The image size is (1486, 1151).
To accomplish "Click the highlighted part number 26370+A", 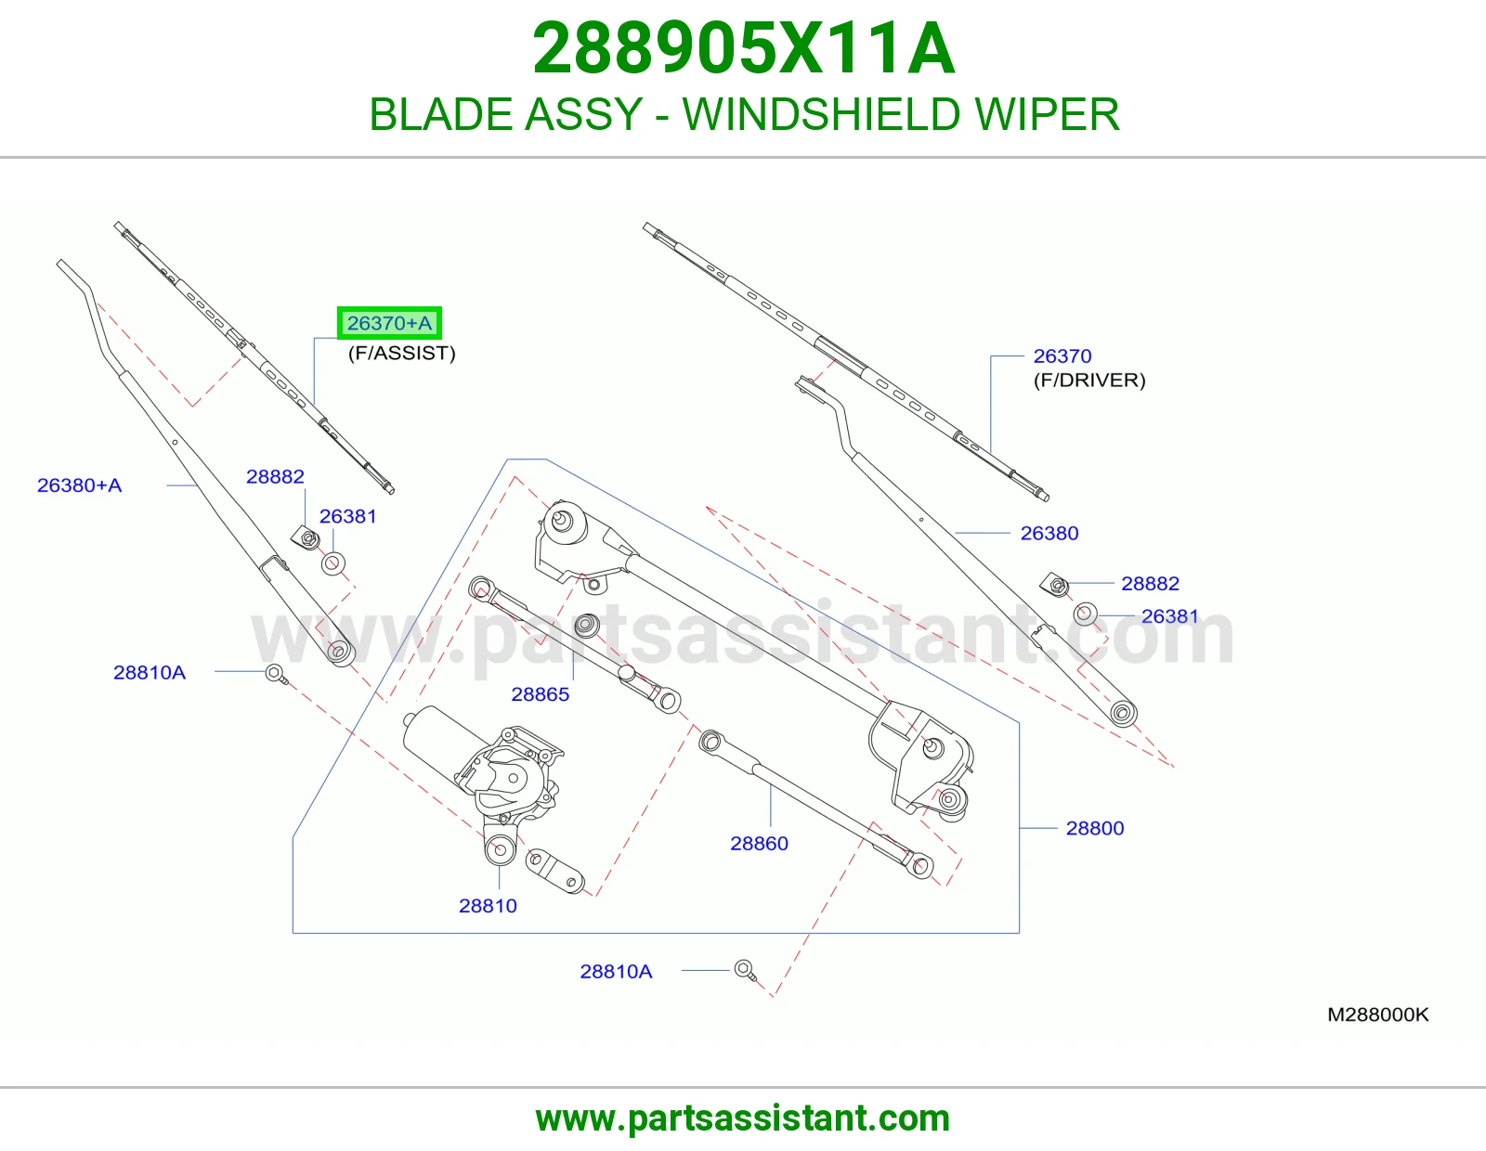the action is (389, 323).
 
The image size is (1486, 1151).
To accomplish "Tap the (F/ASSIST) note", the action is (401, 353).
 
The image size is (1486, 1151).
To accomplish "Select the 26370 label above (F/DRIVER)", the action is (1062, 356).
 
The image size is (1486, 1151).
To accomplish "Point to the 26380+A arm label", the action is (79, 485).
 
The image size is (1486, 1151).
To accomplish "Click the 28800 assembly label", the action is (1095, 828).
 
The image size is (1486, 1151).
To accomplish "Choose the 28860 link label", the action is (759, 843).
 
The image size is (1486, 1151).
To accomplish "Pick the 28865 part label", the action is (541, 693).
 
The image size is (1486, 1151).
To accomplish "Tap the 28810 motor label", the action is (488, 906).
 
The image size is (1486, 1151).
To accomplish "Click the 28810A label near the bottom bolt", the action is (616, 971).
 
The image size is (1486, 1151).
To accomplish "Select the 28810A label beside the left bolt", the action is (150, 672).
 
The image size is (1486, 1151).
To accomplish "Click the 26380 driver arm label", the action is (1049, 533).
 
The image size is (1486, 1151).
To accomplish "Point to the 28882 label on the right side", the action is (1150, 583).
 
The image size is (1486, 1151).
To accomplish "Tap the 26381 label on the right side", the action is (1170, 615).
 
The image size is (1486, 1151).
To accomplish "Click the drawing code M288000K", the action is (1378, 1015).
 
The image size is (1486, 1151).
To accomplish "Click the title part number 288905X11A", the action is (743, 48).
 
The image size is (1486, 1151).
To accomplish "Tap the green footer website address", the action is (743, 1119).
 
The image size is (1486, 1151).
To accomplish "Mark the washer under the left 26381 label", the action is (333, 563).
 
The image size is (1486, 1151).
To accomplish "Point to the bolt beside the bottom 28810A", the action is (746, 970).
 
